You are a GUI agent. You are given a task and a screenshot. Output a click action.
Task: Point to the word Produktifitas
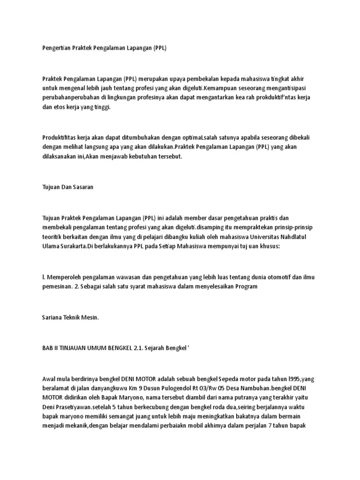pos(60,137)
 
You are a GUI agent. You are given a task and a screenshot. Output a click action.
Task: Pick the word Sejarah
pos(159,347)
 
